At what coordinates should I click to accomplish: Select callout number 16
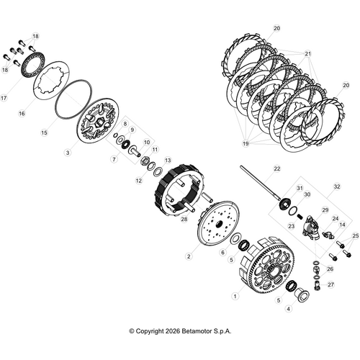click(x=22, y=114)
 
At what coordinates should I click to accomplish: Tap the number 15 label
click(x=44, y=133)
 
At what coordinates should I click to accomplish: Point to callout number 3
click(x=67, y=153)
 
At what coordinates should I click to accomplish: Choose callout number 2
click(x=189, y=256)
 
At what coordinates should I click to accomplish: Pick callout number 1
click(x=234, y=295)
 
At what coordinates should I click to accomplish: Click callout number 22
click(x=276, y=168)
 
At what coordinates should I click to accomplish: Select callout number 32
click(x=336, y=186)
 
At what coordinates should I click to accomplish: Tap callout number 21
click(x=307, y=54)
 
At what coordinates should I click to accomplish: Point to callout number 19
click(x=246, y=143)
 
